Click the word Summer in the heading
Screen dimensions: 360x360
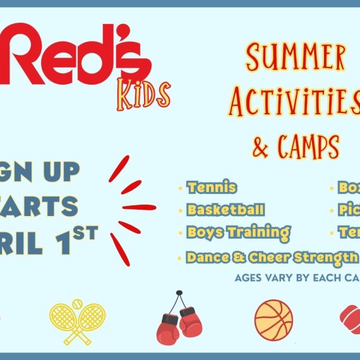[296, 58]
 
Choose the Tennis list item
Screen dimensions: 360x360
[212, 188]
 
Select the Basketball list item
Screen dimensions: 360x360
[225, 210]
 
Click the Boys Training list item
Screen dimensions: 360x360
[238, 232]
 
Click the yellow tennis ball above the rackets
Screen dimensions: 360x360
[78, 304]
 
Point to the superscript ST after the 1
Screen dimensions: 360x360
[87, 232]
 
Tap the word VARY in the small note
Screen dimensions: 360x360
[279, 277]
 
